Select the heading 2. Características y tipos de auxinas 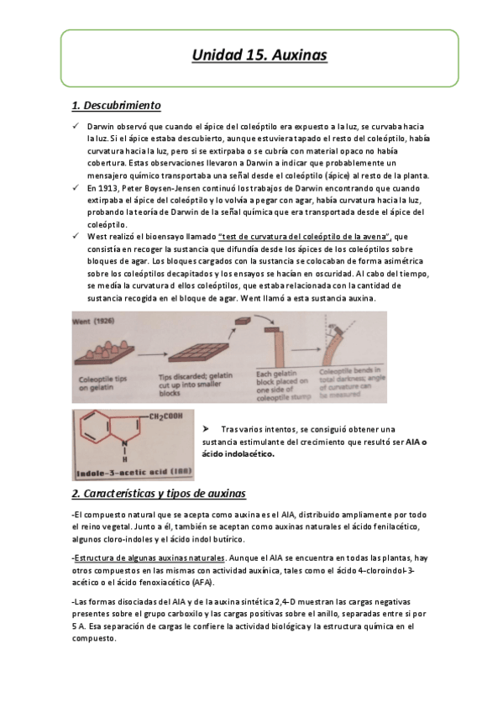159,493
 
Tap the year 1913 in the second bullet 110,188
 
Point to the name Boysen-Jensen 177,188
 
